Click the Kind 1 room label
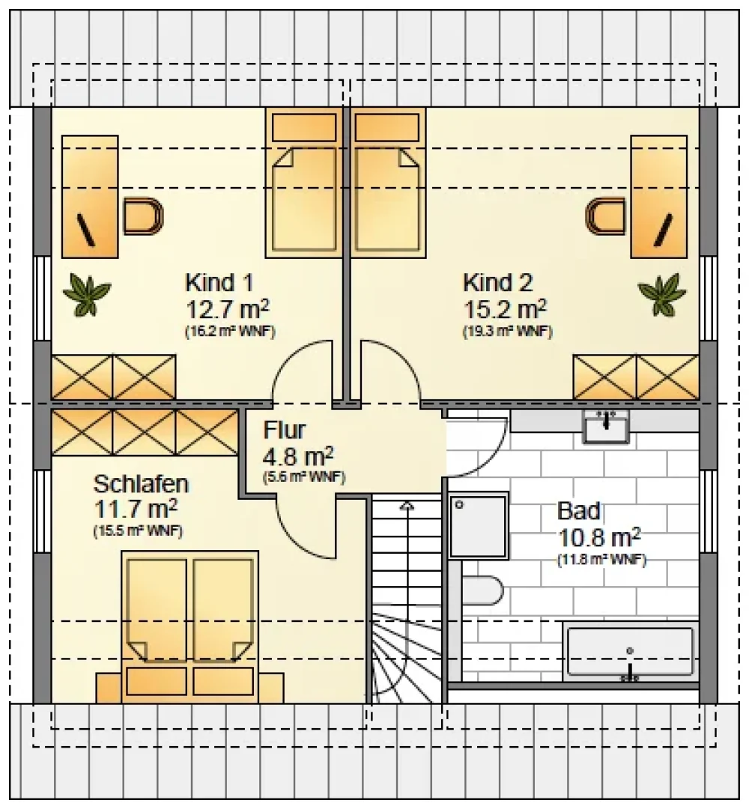coord(219,283)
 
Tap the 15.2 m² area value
coord(506,309)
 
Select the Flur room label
coord(285,430)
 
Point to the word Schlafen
coord(141,484)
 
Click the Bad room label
coord(579,511)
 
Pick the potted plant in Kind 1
coord(87,295)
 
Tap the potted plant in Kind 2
coord(662,295)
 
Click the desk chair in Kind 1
coord(143,216)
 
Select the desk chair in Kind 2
coord(605,216)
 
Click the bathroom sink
coord(606,427)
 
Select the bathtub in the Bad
coord(630,652)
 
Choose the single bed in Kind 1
coord(304,183)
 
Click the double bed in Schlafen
coord(190,626)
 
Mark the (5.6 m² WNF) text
coord(304,477)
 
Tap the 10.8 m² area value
coord(598,537)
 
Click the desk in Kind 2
coord(659,196)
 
